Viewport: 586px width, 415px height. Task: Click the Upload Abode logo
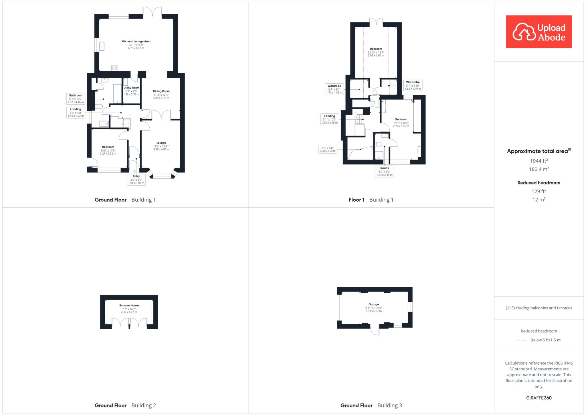pos(539,32)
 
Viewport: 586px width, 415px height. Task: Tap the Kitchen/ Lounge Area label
pos(136,41)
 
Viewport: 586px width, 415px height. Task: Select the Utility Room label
pos(131,88)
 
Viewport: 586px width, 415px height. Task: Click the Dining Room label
pos(161,91)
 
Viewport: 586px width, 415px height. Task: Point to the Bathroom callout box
pos(76,99)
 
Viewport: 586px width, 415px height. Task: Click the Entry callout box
pos(136,180)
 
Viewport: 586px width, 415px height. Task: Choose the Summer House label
pos(129,305)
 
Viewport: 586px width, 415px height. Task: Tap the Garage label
pos(374,304)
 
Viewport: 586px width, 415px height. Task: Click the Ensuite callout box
pos(384,171)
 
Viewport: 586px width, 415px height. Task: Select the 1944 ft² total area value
pos(539,161)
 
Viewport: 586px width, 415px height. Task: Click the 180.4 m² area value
pos(539,169)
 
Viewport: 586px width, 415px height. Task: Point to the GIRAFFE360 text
pos(539,398)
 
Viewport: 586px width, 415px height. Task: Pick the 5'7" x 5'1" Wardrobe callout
pos(334,89)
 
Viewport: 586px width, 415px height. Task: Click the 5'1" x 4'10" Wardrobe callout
pos(413,85)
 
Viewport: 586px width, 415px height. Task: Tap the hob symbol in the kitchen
pos(114,68)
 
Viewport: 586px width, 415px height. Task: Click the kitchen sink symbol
pos(101,46)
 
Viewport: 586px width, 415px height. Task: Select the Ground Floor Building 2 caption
pos(125,405)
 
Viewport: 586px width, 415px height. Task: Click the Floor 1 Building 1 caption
pos(371,200)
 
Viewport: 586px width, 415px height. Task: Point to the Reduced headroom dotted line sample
pos(522,340)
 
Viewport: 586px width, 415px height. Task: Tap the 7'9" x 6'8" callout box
pos(327,149)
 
